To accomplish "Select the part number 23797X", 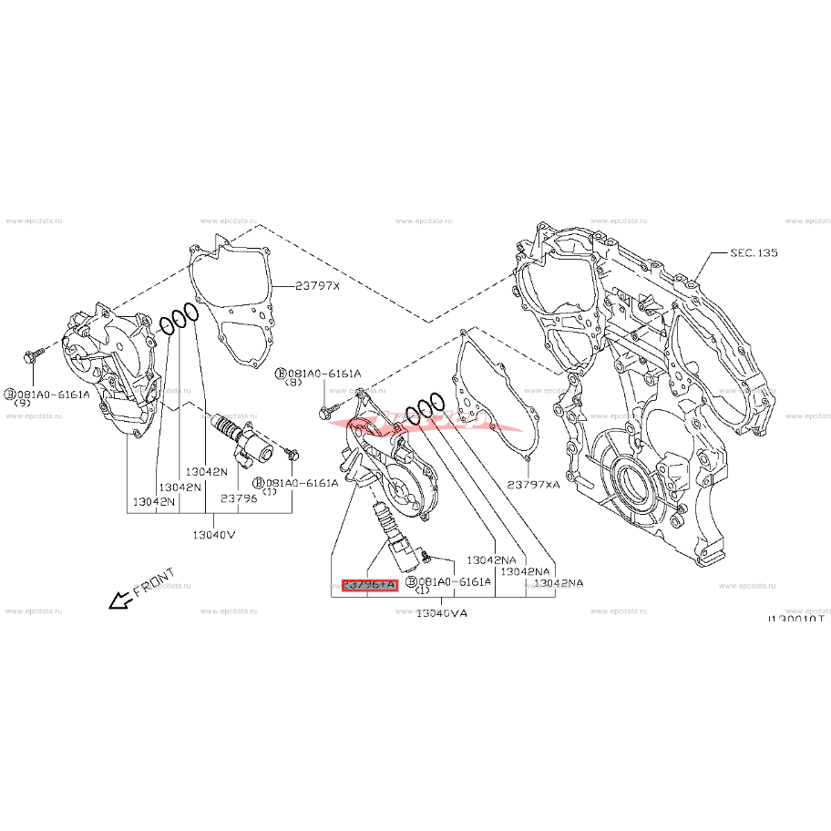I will click(x=316, y=286).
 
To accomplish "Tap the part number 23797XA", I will click(x=534, y=486).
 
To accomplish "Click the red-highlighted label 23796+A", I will click(x=370, y=585).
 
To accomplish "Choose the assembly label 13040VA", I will click(x=441, y=614).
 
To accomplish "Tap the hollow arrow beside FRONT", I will click(x=117, y=600).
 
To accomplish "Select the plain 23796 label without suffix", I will click(x=239, y=498).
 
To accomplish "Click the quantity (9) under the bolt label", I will click(x=21, y=404).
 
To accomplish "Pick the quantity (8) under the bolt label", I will click(x=293, y=383).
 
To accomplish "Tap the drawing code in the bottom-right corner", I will click(x=795, y=619).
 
